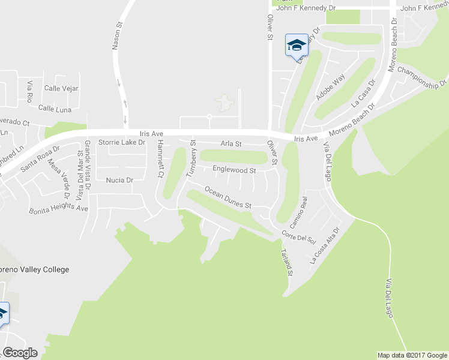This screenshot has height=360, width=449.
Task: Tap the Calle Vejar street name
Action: pyautogui.click(x=61, y=89)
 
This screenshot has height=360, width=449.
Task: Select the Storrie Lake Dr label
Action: pyautogui.click(x=122, y=143)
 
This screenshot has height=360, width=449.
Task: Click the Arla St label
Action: pyautogui.click(x=231, y=144)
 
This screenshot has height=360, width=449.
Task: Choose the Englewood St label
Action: pyautogui.click(x=234, y=170)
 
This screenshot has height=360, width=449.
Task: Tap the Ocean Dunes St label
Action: pyautogui.click(x=228, y=197)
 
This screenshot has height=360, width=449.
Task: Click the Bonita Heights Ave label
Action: pyautogui.click(x=58, y=209)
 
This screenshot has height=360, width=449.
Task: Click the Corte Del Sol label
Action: pyautogui.click(x=298, y=237)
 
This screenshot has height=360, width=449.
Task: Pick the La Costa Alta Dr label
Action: pyautogui.click(x=325, y=245)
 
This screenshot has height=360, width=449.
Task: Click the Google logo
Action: pyautogui.click(x=20, y=353)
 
